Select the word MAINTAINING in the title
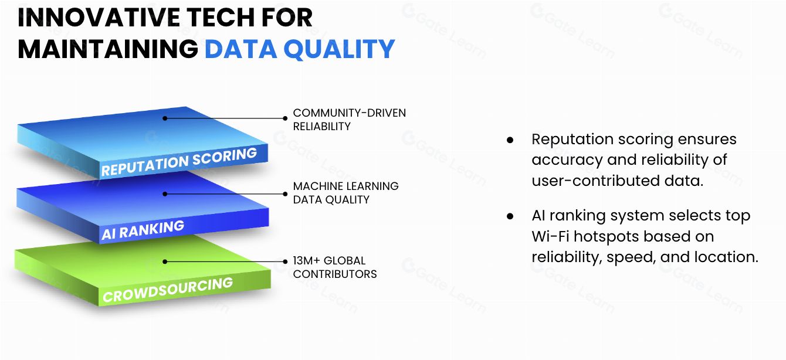pyautogui.click(x=108, y=49)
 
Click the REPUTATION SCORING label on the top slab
pyautogui.click(x=179, y=161)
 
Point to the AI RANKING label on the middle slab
pyautogui.click(x=143, y=230)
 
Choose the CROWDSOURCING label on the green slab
pyautogui.click(x=168, y=290)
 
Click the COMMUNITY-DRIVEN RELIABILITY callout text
pyautogui.click(x=349, y=120)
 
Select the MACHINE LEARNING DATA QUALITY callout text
pyautogui.click(x=345, y=193)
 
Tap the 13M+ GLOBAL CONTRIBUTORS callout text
pyautogui.click(x=335, y=267)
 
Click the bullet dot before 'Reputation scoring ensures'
pyautogui.click(x=510, y=140)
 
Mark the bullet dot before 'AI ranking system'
pyautogui.click(x=510, y=216)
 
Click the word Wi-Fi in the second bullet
pyautogui.click(x=550, y=236)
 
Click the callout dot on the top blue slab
pyautogui.click(x=165, y=118)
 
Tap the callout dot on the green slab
pyautogui.click(x=165, y=261)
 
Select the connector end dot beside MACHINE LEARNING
pyautogui.click(x=285, y=194)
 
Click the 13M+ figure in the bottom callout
pyautogui.click(x=306, y=261)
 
